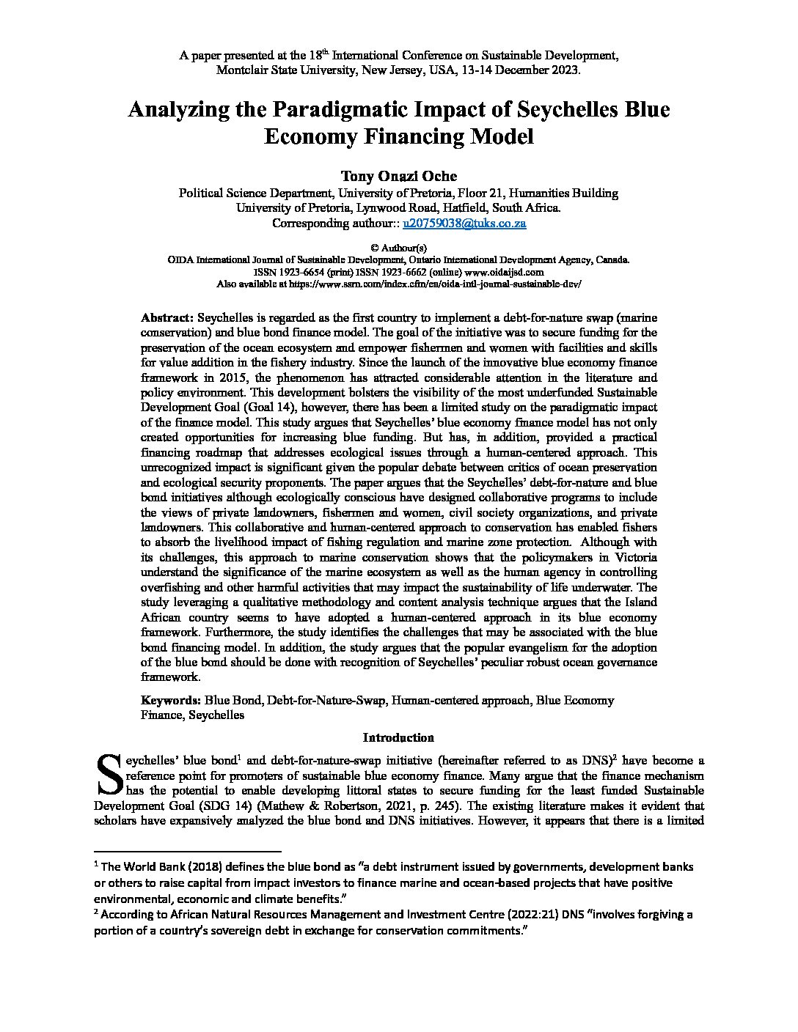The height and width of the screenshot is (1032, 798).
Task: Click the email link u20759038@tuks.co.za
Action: pos(464,223)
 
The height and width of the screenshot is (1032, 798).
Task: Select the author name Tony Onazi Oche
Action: pos(399,176)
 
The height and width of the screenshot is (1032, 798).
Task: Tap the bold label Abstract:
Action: pos(167,317)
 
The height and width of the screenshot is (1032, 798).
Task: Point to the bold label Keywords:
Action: pos(170,700)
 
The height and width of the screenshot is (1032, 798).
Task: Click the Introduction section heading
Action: pos(398,737)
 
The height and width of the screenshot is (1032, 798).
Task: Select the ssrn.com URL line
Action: pos(399,283)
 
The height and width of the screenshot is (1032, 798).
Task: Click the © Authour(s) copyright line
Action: pos(399,248)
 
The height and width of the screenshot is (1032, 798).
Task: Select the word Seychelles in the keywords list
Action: pos(216,715)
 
